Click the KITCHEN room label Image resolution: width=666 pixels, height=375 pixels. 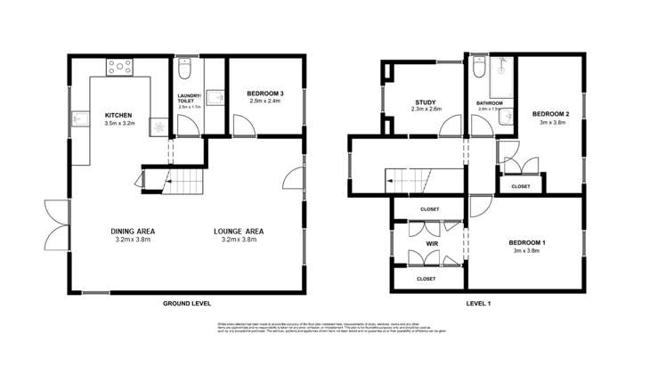pos(118,116)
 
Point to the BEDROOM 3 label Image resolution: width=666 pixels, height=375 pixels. pos(266,94)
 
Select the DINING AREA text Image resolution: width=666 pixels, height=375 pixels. pos(134,232)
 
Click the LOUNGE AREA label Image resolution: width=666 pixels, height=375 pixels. pos(239,232)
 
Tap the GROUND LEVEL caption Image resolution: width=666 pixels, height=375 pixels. pos(187,304)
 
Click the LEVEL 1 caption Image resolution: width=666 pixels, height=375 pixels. pos(478,304)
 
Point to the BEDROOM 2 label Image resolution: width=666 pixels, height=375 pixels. pos(550,114)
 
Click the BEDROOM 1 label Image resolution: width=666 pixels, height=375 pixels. pos(527,242)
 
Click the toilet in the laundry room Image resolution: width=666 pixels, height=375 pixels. pos(184,68)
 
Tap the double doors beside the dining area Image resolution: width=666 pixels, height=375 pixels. pos(55,224)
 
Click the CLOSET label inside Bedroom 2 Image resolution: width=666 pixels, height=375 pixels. pos(521,186)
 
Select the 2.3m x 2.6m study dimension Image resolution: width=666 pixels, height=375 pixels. pos(426,110)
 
